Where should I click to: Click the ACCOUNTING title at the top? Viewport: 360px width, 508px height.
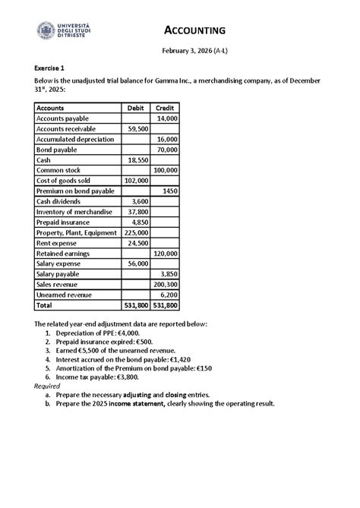pos(196,30)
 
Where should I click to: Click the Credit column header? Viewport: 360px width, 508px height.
pos(165,109)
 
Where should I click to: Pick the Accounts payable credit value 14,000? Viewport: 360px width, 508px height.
pos(166,119)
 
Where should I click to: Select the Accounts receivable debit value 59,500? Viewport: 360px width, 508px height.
pos(137,130)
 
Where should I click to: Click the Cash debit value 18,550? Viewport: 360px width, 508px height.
pos(137,160)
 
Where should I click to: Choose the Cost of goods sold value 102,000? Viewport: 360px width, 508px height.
pos(136,181)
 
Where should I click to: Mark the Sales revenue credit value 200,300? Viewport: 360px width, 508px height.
pos(165,284)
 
